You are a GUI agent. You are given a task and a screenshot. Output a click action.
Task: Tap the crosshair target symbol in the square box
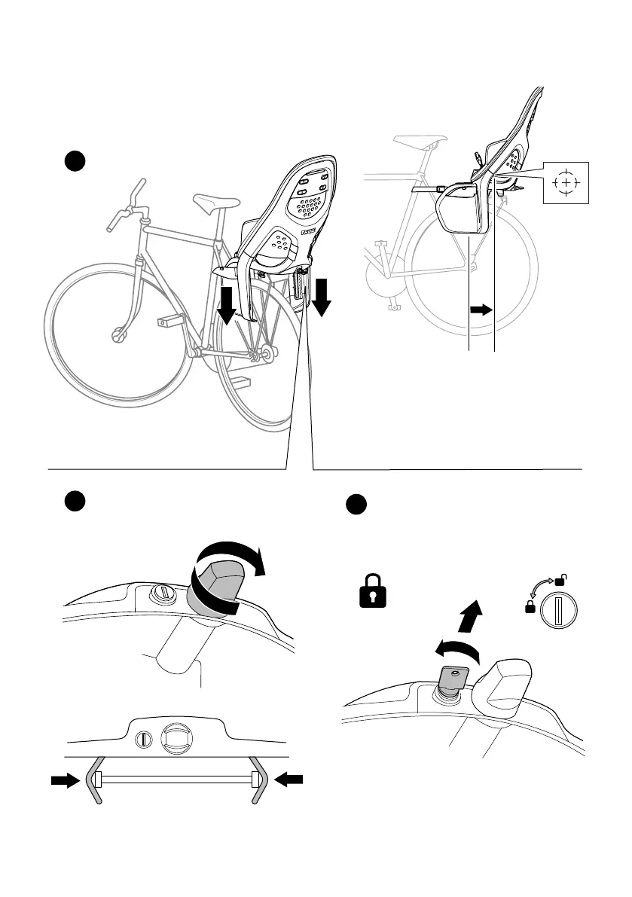(x=566, y=183)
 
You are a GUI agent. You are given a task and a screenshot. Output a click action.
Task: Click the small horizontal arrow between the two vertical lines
(x=481, y=309)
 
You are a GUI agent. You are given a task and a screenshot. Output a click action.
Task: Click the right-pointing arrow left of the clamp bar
(x=65, y=782)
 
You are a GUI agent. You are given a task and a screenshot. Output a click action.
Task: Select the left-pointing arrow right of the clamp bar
(x=289, y=782)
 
